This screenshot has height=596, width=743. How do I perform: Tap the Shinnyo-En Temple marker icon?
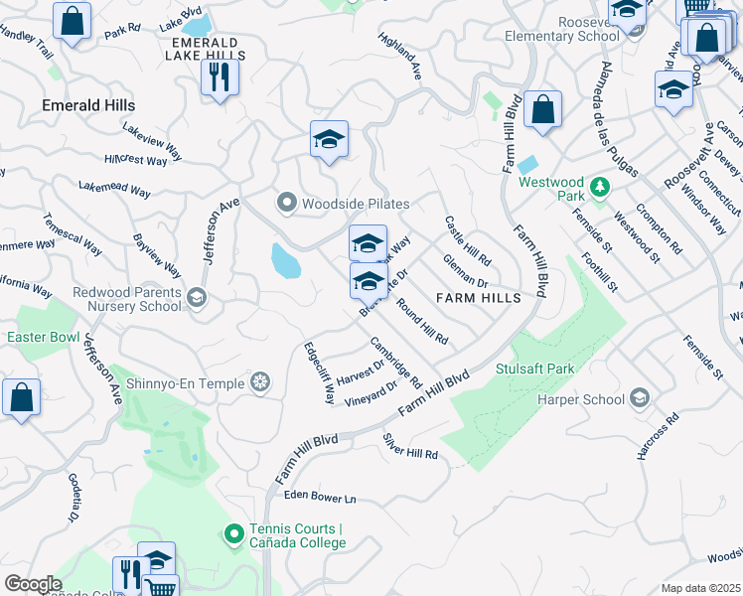[x=260, y=381]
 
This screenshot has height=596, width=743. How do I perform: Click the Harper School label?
[x=580, y=399]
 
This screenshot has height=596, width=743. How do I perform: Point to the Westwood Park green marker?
[x=599, y=187]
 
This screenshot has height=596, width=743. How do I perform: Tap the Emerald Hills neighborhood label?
[x=88, y=104]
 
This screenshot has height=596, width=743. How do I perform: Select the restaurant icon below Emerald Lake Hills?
[x=220, y=78]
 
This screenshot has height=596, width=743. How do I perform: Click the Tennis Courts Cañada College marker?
[x=234, y=535]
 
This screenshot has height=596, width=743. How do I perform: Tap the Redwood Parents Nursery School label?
[x=127, y=299]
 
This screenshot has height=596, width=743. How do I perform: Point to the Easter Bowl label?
[x=43, y=338]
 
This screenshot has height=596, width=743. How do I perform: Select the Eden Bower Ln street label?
[x=320, y=496]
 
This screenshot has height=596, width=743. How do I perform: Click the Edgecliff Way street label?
[x=319, y=372]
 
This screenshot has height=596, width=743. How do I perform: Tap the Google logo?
[x=33, y=584]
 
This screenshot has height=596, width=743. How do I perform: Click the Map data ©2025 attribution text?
[x=700, y=588]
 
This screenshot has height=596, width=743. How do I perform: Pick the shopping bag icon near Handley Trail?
[x=72, y=23]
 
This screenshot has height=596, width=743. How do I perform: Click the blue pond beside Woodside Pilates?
[x=285, y=260]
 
